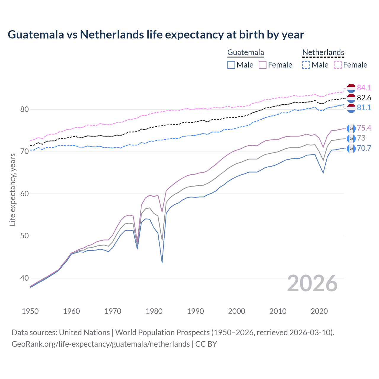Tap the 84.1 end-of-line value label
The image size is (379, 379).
[x=364, y=88]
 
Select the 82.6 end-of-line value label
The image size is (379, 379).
[x=364, y=98]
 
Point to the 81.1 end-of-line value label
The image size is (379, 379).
[x=364, y=107]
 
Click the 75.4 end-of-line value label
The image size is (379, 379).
[x=364, y=128]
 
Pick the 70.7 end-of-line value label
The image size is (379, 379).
[x=364, y=148]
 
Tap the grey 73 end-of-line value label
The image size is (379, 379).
[x=361, y=138]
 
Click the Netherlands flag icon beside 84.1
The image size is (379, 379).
[x=351, y=88]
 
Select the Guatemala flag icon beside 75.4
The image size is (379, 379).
[x=351, y=128]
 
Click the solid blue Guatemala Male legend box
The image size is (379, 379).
[x=231, y=65]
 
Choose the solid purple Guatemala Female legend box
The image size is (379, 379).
[x=263, y=65]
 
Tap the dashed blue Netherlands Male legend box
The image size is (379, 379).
[x=306, y=65]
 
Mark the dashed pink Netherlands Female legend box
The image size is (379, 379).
[x=338, y=65]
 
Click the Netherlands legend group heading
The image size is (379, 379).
[x=323, y=52]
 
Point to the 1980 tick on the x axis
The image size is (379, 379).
[x=154, y=311]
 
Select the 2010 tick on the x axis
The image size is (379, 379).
[x=278, y=311]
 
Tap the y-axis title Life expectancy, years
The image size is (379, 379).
[x=12, y=189]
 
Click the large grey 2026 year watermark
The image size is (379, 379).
[x=312, y=283]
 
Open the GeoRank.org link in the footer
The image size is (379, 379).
[x=101, y=344]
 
